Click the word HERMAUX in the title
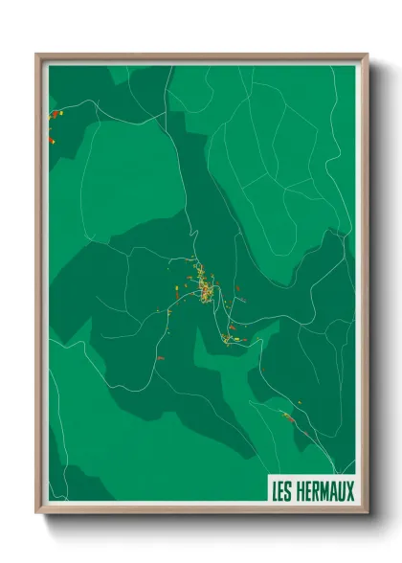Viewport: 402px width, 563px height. coord(325,492)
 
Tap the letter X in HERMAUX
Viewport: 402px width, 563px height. coord(350,492)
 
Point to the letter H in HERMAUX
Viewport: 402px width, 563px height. coord(301,492)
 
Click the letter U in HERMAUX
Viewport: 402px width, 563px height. coord(343,492)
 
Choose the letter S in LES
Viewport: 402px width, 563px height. coord(290,492)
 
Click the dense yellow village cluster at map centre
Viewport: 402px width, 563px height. coord(204,283)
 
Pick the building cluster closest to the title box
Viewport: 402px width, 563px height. coord(287,417)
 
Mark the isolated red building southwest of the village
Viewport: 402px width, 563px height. coord(160,356)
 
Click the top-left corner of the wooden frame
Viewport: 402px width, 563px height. coord(37,55)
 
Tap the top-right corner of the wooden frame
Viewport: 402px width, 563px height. coord(367,55)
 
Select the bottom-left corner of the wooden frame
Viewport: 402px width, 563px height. coord(37,514)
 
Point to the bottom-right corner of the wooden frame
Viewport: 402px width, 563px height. coord(367,514)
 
